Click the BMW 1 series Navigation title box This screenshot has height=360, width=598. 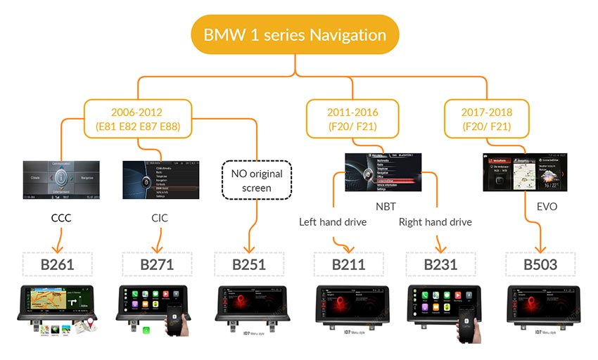coord(295,34)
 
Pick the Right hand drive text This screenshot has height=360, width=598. coord(435,222)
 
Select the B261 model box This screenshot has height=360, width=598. coord(58,265)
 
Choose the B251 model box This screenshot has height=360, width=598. coord(250,265)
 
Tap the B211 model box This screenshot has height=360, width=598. coord(348,265)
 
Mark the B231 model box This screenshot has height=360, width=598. coord(440,265)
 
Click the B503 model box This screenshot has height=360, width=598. coord(540,265)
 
